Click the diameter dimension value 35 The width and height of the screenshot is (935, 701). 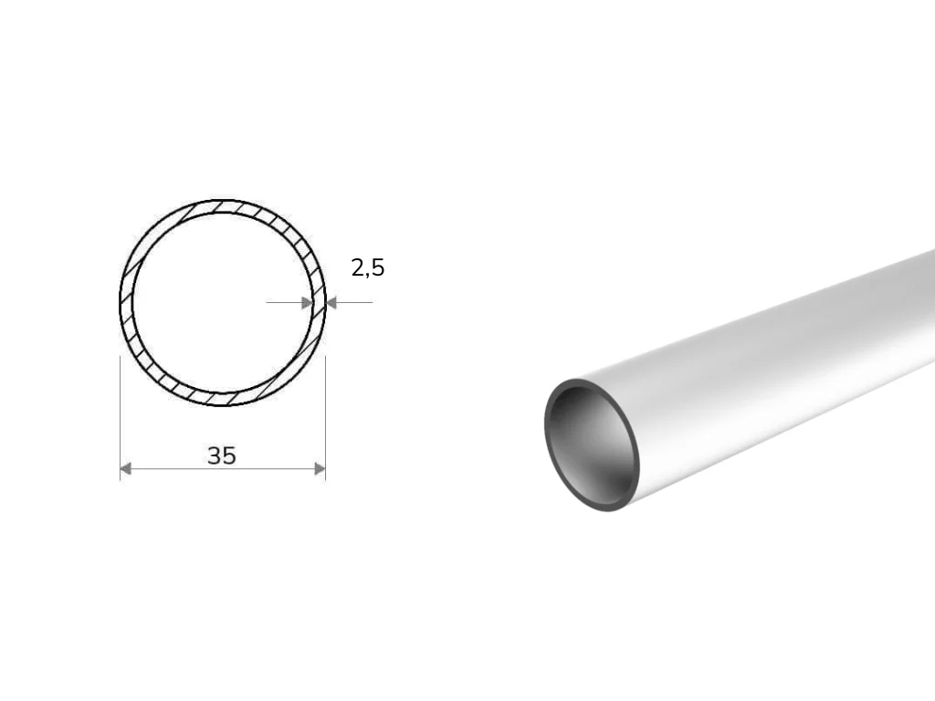(222, 455)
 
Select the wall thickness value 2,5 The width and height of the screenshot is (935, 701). (368, 267)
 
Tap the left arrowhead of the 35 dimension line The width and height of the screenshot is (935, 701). (126, 469)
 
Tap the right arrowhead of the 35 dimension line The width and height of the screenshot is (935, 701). (320, 469)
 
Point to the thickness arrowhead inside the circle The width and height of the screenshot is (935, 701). (307, 303)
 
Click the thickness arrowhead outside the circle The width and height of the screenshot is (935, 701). (331, 303)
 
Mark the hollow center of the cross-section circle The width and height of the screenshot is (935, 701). (223, 303)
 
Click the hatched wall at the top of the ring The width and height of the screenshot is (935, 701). (223, 206)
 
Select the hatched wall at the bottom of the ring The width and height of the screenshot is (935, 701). (223, 400)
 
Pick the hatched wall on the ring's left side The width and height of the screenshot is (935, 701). (126, 303)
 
